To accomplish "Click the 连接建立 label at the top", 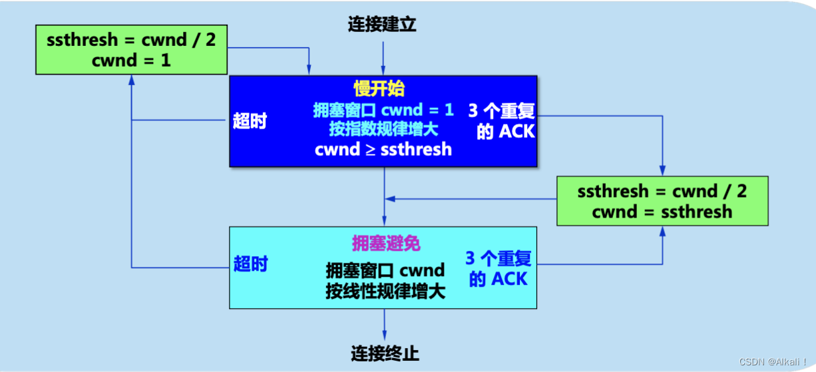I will [x=382, y=25].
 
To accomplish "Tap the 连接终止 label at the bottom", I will [x=385, y=353].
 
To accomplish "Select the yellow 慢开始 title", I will [x=379, y=89].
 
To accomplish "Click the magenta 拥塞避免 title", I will [x=386, y=243].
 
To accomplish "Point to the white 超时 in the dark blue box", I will [x=250, y=121].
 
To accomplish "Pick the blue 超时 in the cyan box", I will [x=250, y=264].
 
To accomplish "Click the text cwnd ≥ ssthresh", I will [x=383, y=150].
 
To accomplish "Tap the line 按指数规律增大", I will [x=383, y=128].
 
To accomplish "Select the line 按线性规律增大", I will [x=385, y=291].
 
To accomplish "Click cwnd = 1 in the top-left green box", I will [x=131, y=60].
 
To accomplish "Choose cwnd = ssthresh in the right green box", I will [x=662, y=212].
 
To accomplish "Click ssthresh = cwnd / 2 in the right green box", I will [x=662, y=192].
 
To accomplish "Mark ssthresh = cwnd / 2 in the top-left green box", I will [x=131, y=40].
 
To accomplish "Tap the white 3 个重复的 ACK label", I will [x=502, y=121].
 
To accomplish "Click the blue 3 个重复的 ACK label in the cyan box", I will [x=499, y=269].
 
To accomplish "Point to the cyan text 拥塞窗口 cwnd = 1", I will [x=383, y=110].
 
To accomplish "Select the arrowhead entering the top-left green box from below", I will [x=131, y=79].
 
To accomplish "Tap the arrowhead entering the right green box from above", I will [x=662, y=170].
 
